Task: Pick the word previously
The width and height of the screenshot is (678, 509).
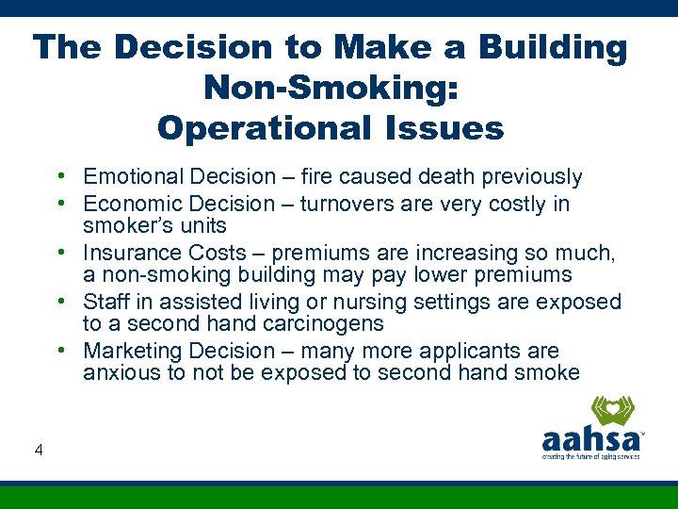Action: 535,177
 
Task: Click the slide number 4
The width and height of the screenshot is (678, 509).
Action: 39,451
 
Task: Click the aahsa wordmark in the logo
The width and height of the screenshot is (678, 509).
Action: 591,440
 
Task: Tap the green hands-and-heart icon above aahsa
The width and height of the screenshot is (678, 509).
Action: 613,412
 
